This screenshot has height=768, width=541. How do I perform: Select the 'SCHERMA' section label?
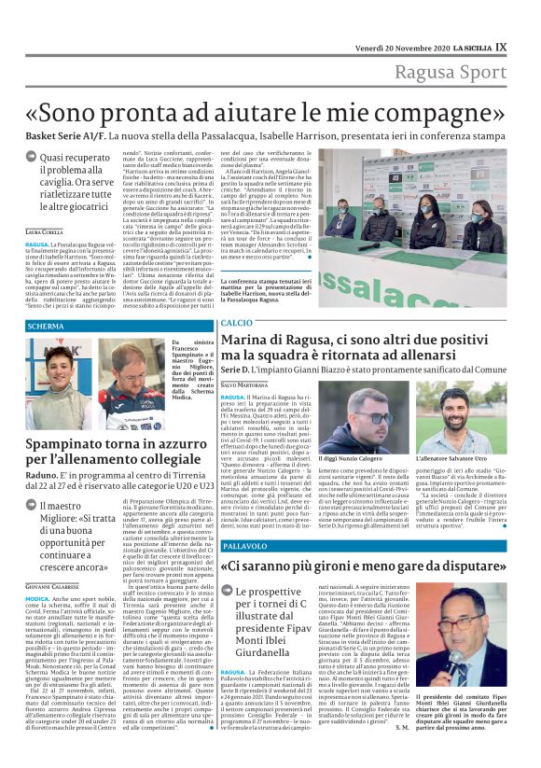pos(47,326)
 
